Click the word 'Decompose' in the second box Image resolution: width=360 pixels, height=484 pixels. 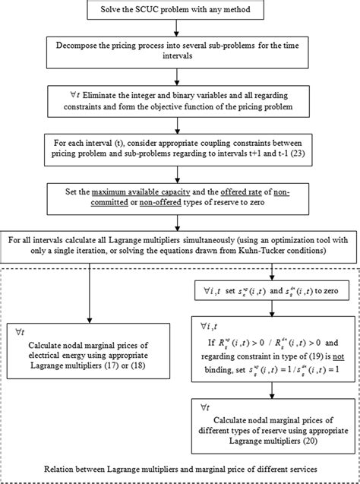81,46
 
